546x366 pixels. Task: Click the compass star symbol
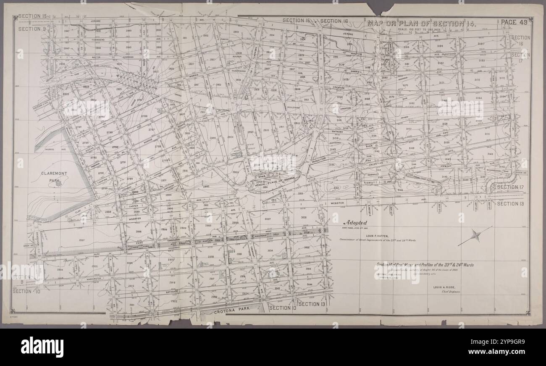pos(476,236)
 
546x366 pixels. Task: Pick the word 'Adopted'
pos(355,223)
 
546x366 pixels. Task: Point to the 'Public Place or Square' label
pos(274,183)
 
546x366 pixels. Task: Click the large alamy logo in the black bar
pos(42,347)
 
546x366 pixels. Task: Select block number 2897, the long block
pos(81,240)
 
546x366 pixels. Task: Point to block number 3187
pos(481,44)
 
